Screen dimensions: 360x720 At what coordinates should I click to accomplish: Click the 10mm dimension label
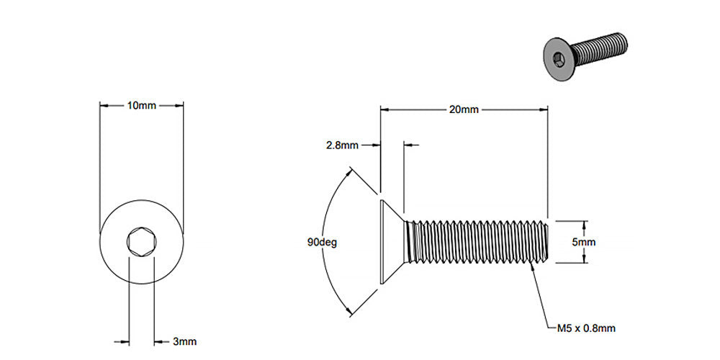(x=141, y=105)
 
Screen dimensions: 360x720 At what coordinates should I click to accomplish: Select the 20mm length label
(x=464, y=109)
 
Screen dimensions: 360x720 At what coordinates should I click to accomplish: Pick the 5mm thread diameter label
(x=583, y=242)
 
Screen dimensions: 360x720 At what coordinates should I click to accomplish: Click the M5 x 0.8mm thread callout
(x=586, y=328)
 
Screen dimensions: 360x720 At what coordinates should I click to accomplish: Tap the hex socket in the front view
(x=141, y=242)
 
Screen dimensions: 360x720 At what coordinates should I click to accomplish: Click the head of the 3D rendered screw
(x=558, y=58)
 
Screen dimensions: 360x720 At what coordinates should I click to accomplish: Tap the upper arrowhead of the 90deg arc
(x=352, y=171)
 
